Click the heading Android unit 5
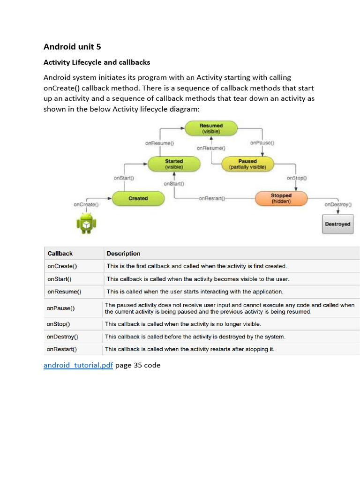(72, 46)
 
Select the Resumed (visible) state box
(211, 128)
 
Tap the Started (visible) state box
(174, 164)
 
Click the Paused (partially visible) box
(247, 164)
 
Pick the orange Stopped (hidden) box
(281, 198)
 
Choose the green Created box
(138, 198)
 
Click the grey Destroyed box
(337, 224)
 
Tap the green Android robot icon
(86, 223)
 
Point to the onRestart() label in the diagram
(212, 198)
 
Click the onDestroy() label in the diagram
(338, 204)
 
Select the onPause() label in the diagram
(262, 142)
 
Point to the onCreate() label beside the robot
(86, 204)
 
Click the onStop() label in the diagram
(296, 178)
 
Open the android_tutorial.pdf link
(78, 365)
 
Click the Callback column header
(60, 254)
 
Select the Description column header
(123, 254)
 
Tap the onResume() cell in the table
(64, 292)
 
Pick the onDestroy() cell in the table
(62, 337)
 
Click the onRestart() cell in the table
(62, 349)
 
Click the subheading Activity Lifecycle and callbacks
(97, 62)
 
